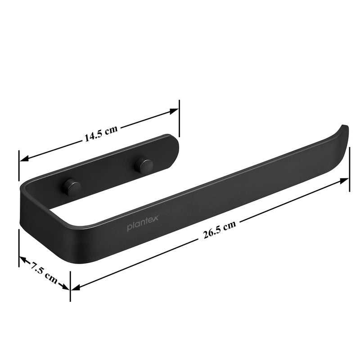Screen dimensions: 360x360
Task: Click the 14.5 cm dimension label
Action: coord(100,134)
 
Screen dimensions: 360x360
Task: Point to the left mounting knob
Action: coord(70,186)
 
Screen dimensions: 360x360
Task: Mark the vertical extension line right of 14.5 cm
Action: coord(179,117)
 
